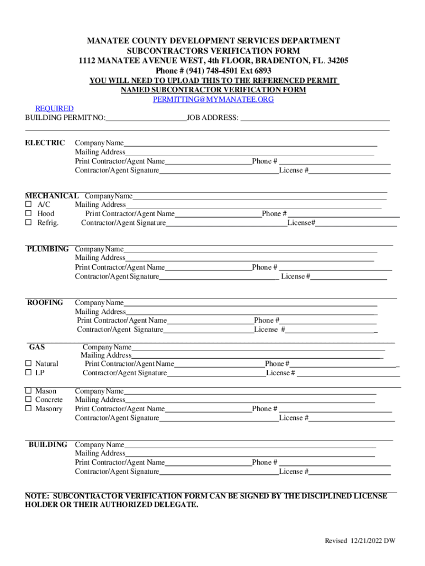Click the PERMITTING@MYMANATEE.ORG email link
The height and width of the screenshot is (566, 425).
(213, 99)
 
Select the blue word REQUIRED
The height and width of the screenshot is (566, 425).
(55, 109)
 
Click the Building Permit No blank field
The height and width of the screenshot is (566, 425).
(146, 118)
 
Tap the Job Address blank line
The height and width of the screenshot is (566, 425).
(315, 118)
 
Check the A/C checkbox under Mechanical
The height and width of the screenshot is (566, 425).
(29, 205)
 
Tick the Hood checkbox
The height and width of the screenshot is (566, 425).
(29, 214)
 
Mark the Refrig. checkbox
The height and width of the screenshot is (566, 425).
(29, 223)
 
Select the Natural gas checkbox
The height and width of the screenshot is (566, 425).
(29, 364)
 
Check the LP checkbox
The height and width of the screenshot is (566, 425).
(29, 373)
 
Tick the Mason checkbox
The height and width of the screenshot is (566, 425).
(29, 391)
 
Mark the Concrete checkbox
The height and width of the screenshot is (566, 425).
(29, 400)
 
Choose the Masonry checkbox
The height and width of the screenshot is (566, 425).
(29, 409)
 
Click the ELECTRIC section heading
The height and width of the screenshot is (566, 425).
(45, 143)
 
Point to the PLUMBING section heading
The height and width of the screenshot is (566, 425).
(48, 249)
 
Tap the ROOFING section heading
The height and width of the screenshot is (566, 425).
(45, 302)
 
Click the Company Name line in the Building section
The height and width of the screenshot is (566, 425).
(250, 445)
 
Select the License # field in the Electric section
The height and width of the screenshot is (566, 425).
(349, 171)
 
